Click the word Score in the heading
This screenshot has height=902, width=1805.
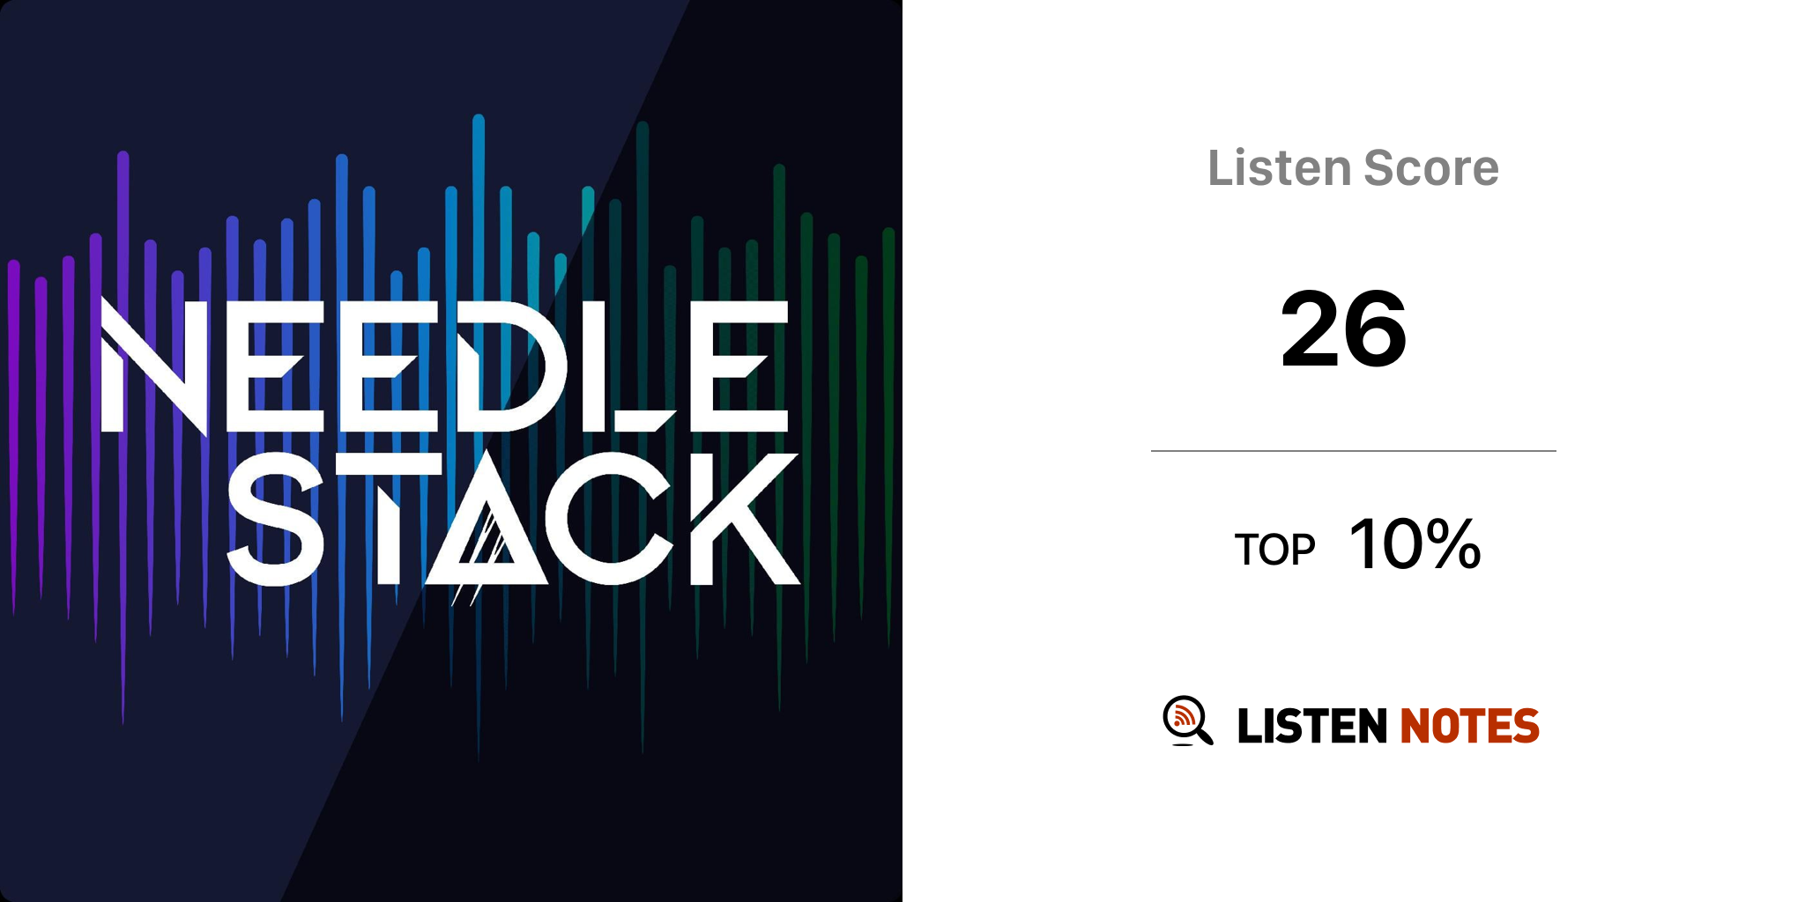1431,167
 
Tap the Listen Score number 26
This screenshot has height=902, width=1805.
1344,329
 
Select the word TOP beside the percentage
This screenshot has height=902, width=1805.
1274,550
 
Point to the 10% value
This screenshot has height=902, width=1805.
1415,543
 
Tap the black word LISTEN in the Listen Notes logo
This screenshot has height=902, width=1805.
1312,726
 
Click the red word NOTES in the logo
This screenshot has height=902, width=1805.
1469,726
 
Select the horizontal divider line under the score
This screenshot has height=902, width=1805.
1353,451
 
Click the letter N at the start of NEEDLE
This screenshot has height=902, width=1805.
154,366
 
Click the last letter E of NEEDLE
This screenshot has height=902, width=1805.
739,366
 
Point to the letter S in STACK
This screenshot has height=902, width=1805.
276,519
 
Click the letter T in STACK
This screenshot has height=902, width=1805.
389,519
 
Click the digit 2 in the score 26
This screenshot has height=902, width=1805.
1311,329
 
